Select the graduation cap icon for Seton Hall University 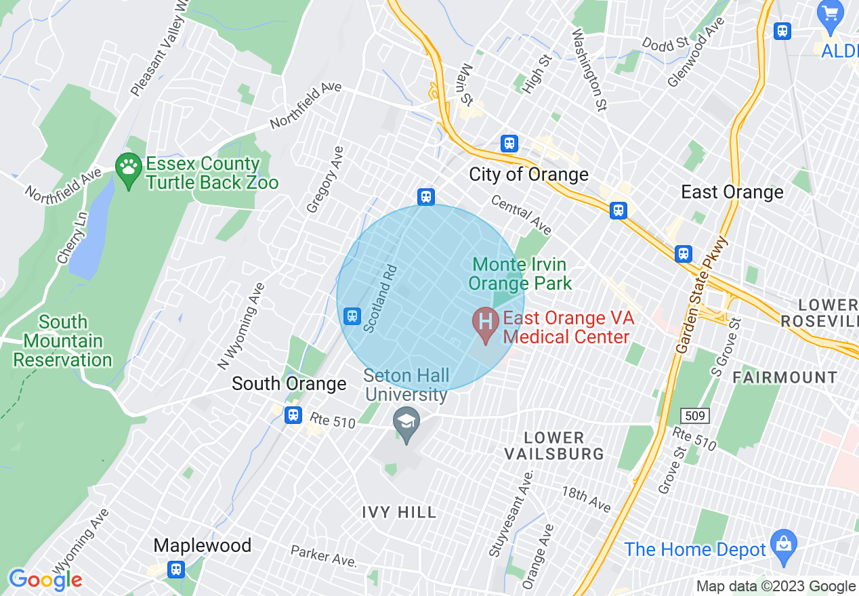coord(406,423)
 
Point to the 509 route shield coord(700,416)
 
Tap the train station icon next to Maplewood coord(176,569)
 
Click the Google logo coord(45,580)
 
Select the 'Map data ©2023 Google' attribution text coord(776,587)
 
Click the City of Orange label coord(528,175)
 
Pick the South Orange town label coord(289,384)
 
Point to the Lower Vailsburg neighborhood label coord(554,446)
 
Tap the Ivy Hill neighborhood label coord(399,512)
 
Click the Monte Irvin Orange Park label coord(520,274)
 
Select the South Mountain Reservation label coord(62,341)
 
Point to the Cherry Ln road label coord(72,237)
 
